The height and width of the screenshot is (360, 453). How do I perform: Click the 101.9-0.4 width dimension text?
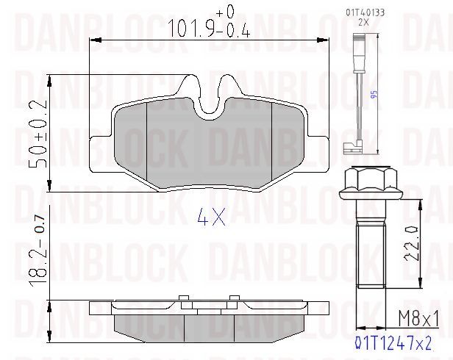pos(208,29)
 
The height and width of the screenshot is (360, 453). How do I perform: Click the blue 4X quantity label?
pos(211,217)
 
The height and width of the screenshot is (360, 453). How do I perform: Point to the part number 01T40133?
pos(365,12)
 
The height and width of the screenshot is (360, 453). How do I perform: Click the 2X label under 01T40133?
pos(364,23)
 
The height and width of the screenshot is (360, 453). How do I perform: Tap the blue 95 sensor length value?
pos(374,95)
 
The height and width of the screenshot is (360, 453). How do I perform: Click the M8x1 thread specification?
pos(418,319)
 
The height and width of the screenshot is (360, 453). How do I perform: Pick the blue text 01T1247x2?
pos(393,344)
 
